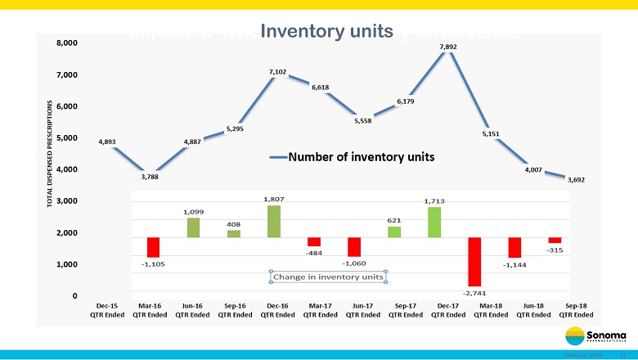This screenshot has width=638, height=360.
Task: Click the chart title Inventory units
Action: [x=326, y=31]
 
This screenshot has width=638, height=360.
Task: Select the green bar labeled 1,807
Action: [x=274, y=221]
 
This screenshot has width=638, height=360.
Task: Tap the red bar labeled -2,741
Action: [x=474, y=261]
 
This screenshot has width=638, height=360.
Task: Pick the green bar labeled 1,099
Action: [x=193, y=227]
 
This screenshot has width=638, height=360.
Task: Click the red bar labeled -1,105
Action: [x=153, y=247]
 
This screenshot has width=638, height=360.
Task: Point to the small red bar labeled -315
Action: [x=555, y=240]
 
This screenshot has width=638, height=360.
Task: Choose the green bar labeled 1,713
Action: [x=434, y=222]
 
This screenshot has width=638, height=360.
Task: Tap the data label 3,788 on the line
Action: [x=150, y=176]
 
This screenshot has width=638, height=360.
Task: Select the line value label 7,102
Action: [x=277, y=72]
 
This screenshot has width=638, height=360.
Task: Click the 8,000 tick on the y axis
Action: [x=67, y=43]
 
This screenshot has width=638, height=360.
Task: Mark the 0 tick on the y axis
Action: [x=74, y=295]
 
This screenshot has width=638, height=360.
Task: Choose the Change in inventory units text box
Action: [x=328, y=277]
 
